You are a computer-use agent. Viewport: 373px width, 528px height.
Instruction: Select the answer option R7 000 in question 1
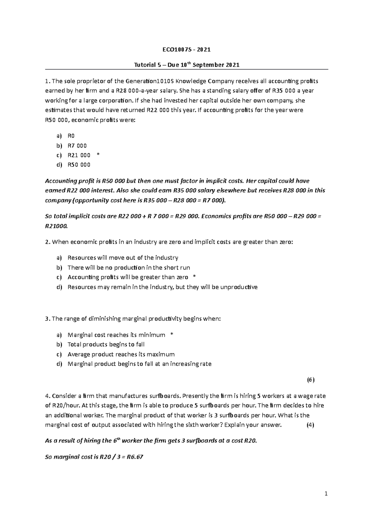tap(77, 146)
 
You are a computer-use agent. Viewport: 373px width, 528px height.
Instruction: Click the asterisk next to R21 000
tap(99, 155)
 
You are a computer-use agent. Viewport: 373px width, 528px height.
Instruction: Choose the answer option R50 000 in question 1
tap(79, 165)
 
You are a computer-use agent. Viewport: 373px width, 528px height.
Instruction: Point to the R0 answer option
tap(71, 136)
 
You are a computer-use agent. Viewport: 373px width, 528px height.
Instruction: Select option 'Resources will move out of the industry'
tap(123, 258)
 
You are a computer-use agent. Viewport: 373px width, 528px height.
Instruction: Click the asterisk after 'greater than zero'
tap(195, 277)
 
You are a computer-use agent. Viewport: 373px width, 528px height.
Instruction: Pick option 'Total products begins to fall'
tap(106, 345)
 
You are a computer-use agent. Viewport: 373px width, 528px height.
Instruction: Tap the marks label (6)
tap(311, 380)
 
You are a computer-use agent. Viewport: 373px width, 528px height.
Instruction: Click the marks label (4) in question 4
tap(310, 425)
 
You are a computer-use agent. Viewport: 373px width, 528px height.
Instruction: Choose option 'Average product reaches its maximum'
tap(121, 354)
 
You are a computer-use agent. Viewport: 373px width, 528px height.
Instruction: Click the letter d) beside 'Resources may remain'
tap(59, 287)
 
